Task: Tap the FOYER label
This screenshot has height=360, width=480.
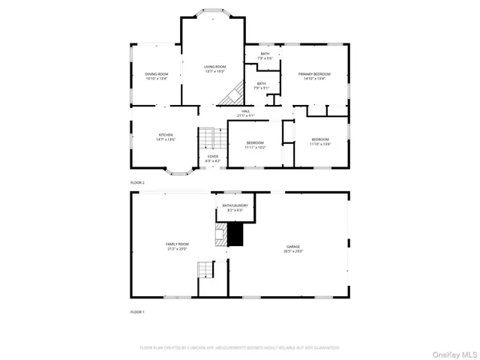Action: [213, 158]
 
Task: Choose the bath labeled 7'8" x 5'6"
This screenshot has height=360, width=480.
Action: [265, 55]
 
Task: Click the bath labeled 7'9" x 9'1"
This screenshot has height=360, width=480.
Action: [261, 85]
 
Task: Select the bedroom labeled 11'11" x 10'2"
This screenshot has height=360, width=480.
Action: [255, 145]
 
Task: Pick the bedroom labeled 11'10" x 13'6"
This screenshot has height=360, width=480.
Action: [320, 141]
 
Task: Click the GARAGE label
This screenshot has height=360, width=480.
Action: [292, 248]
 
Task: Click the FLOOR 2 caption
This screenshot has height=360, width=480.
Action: [137, 182]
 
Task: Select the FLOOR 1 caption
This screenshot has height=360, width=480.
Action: [137, 311]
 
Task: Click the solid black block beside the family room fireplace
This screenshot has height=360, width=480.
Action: [236, 235]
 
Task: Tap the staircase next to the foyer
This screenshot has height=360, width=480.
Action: [205, 139]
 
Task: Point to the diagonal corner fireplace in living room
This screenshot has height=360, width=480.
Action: [232, 94]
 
